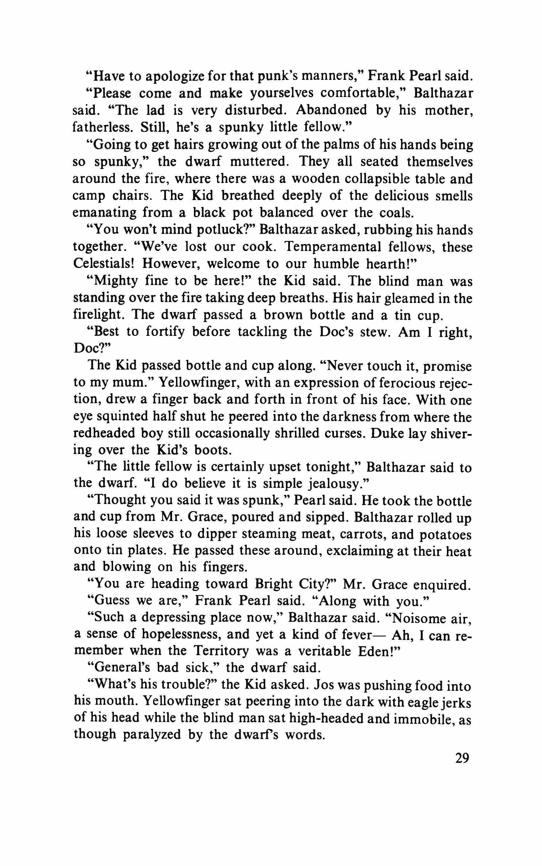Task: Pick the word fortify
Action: point(165,332)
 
